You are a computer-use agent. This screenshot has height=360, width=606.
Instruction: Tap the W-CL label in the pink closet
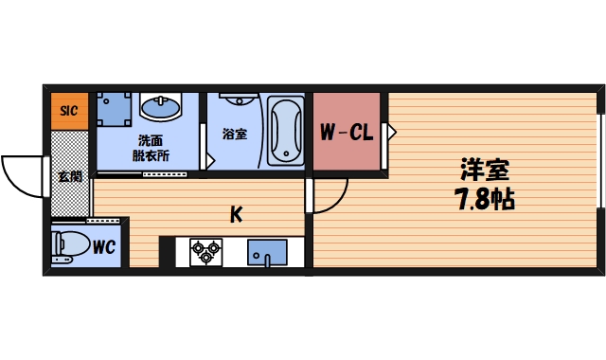click(345, 134)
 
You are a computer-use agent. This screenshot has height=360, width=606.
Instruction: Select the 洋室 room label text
click(485, 171)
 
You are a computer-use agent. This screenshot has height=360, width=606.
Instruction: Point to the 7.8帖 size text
click(485, 201)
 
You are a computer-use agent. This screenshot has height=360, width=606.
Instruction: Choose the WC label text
click(104, 248)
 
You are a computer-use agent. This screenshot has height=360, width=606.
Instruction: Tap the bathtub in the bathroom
click(284, 131)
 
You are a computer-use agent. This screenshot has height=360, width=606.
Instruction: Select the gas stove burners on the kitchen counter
click(205, 252)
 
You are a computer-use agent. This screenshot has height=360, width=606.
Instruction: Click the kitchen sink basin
click(265, 253)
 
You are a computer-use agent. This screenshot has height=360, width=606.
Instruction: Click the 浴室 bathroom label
click(235, 135)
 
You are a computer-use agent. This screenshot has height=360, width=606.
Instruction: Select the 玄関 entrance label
click(68, 176)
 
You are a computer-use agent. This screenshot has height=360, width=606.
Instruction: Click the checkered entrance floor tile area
click(68, 199)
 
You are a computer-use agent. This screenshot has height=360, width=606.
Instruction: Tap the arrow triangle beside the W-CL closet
click(388, 134)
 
